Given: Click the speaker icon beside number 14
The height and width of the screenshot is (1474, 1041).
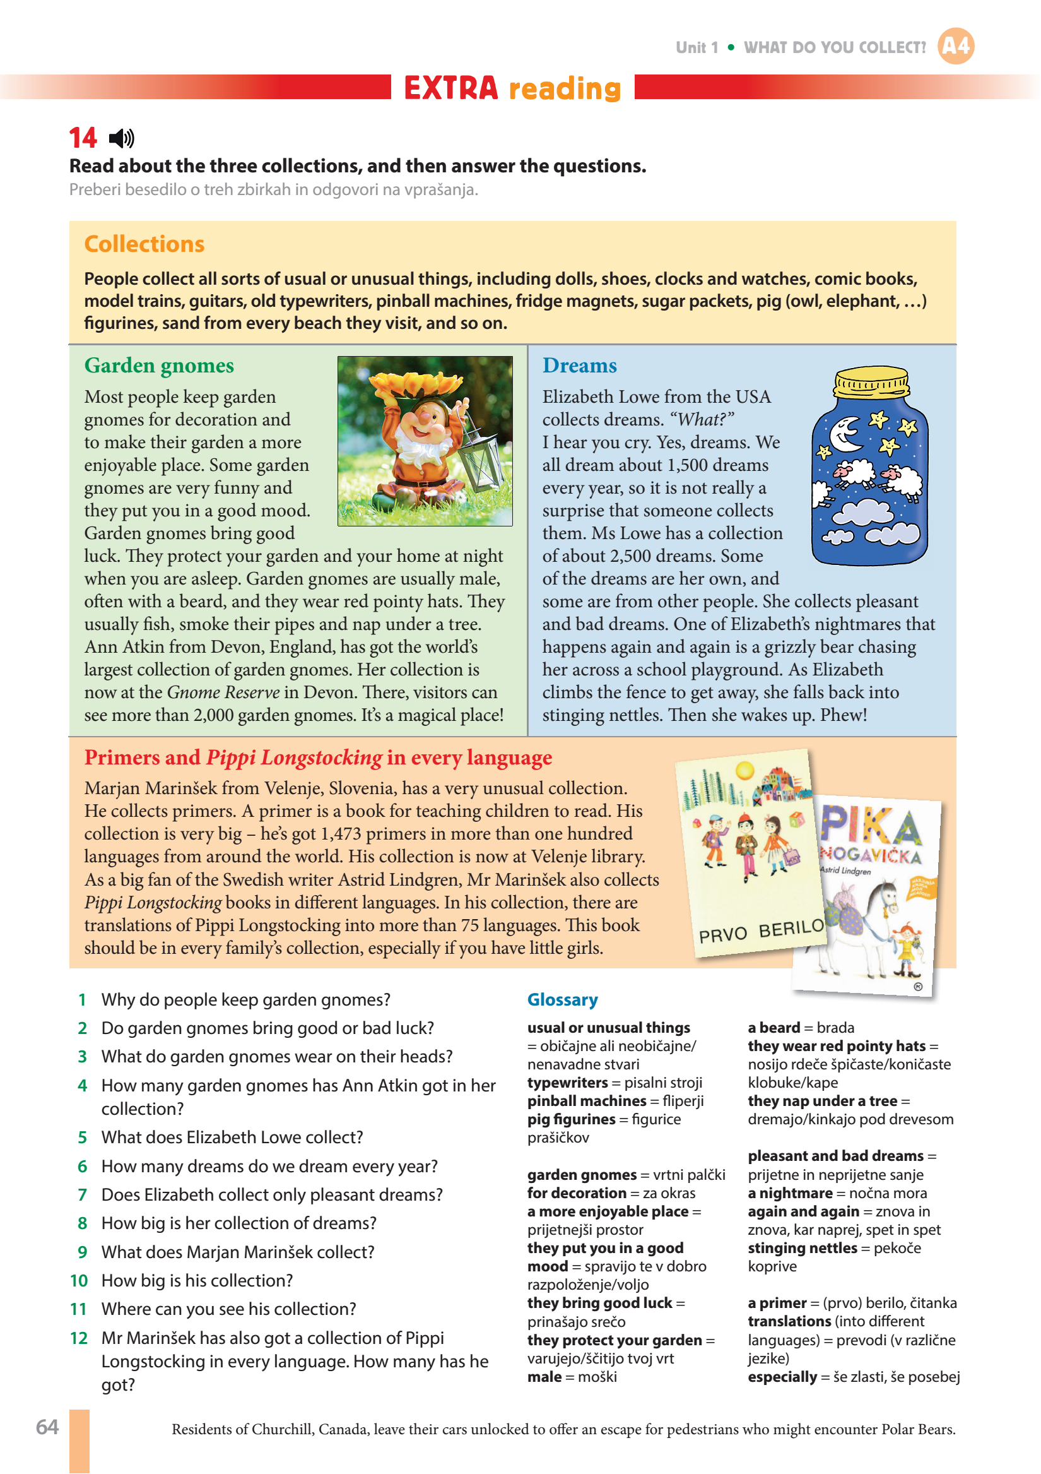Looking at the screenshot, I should click(121, 138).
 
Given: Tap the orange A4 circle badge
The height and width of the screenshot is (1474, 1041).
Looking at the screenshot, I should click(956, 46).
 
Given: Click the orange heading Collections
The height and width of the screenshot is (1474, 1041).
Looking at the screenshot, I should click(144, 244).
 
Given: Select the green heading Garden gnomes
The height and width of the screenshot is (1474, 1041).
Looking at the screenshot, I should click(159, 366).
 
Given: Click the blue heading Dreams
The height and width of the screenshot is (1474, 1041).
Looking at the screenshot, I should click(580, 366).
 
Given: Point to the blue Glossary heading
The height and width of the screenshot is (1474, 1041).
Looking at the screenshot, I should click(562, 999).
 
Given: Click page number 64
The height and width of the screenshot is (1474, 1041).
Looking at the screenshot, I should click(47, 1427).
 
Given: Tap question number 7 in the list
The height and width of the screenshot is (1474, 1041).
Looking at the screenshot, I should click(82, 1195).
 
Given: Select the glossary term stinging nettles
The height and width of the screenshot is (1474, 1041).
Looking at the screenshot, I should click(803, 1248).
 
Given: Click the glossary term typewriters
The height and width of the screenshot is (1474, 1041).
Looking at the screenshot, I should click(567, 1083).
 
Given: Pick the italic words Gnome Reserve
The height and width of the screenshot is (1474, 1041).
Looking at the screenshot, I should click(223, 692).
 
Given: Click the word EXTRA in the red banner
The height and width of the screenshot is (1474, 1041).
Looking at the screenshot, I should click(450, 88).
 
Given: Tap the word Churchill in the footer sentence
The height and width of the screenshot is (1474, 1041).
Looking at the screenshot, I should click(283, 1429).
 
